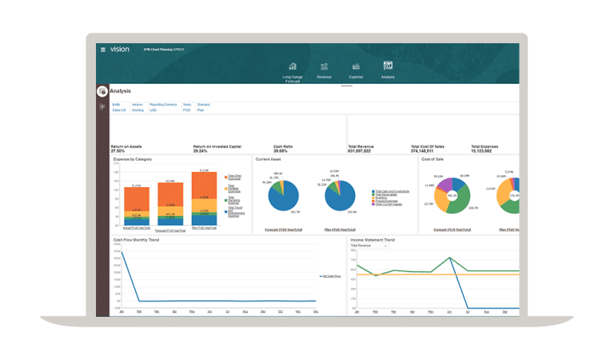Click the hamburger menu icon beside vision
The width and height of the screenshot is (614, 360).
(x=103, y=50)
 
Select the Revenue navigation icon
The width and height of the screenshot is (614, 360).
(x=324, y=66)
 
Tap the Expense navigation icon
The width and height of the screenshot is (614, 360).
(x=356, y=66)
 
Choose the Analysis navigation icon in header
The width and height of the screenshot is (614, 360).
(x=388, y=66)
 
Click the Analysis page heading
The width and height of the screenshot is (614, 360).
(x=121, y=91)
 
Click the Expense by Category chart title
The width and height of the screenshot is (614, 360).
(x=133, y=159)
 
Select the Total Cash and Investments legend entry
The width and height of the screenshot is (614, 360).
(x=392, y=191)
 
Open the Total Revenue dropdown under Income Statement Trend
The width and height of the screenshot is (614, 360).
(x=369, y=246)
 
